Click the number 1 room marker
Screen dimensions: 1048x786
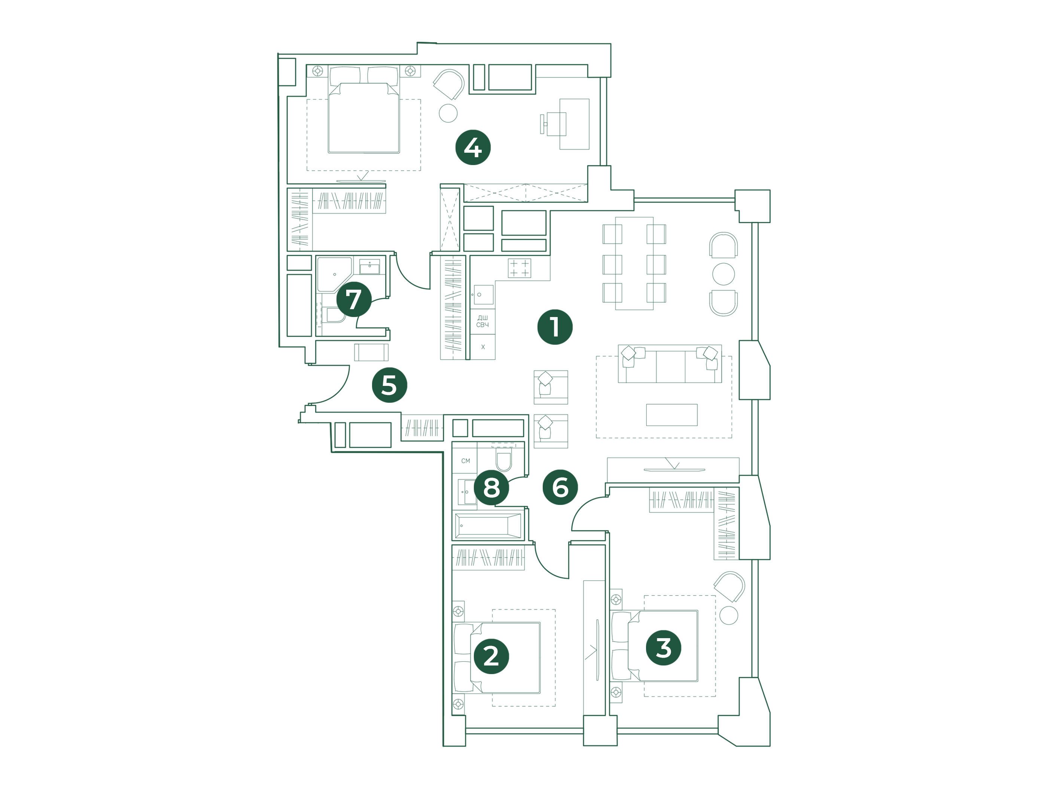click(x=555, y=327)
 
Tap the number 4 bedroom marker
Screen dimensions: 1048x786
click(x=473, y=148)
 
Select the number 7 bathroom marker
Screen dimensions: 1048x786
click(x=354, y=299)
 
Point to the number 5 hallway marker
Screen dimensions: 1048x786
click(x=390, y=385)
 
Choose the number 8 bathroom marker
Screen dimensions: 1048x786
click(x=491, y=488)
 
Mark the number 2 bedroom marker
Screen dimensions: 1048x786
click(x=491, y=656)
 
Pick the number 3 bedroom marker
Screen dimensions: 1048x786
click(x=664, y=648)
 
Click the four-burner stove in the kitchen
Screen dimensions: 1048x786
click(x=519, y=268)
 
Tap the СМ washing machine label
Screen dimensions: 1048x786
click(x=466, y=460)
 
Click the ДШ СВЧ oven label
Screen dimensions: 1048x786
click(x=482, y=321)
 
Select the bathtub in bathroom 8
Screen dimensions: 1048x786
click(x=488, y=526)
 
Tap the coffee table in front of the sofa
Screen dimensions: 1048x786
click(x=672, y=415)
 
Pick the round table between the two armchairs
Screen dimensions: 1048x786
click(x=723, y=274)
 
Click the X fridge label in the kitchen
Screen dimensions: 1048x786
click(x=483, y=347)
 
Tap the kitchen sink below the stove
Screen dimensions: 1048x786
click(x=483, y=295)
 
